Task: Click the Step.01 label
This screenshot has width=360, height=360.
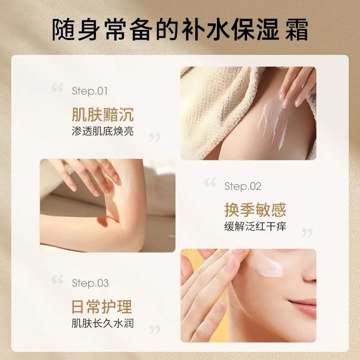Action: point(90,91)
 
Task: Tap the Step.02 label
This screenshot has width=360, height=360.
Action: point(243,186)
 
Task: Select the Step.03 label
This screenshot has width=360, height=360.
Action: point(90,283)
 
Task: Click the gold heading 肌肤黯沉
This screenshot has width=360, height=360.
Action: point(103,114)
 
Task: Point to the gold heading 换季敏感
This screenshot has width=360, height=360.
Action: point(255,210)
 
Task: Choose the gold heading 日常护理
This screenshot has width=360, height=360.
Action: point(102,307)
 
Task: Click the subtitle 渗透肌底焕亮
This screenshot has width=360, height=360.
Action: point(103,131)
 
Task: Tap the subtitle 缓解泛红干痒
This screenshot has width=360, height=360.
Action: point(255,226)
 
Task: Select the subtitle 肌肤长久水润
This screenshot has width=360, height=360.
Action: point(103,323)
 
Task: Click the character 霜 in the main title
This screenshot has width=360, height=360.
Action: point(297,30)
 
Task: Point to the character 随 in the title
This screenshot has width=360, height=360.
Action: point(63,30)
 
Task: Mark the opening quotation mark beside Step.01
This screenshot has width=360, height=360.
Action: point(58,88)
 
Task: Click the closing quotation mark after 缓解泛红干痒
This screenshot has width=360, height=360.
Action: point(307,233)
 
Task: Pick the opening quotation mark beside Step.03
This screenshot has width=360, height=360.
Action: point(58,279)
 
